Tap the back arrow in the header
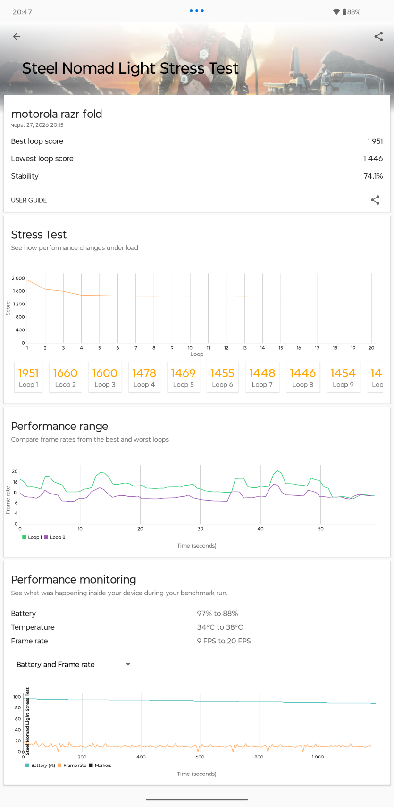click(17, 36)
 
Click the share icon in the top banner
click(378, 36)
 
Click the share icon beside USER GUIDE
click(375, 200)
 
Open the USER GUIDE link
click(29, 200)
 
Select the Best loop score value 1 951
click(375, 141)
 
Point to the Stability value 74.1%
click(373, 176)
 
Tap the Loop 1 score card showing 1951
click(28, 377)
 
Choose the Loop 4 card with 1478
click(144, 377)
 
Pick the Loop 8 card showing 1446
click(303, 377)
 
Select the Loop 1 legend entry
click(32, 537)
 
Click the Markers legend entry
click(100, 765)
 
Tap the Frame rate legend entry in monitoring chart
click(72, 765)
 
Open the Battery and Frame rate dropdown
click(75, 664)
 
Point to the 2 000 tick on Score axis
click(18, 278)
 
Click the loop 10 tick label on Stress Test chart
click(190, 348)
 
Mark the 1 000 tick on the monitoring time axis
click(318, 757)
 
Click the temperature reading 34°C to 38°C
click(220, 627)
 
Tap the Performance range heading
click(59, 426)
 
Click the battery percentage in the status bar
click(353, 12)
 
